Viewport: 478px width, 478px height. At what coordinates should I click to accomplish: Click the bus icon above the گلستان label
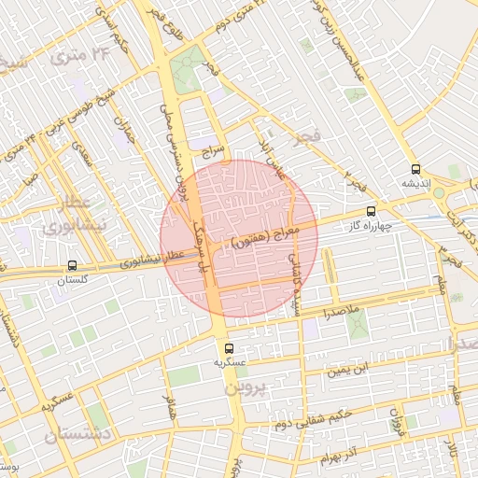tap(73, 265)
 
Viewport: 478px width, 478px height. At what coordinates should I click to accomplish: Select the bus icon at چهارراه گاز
tap(372, 211)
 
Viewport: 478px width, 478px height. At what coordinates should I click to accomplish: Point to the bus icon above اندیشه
tap(415, 169)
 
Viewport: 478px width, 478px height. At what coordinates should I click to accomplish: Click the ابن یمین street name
tap(348, 372)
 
